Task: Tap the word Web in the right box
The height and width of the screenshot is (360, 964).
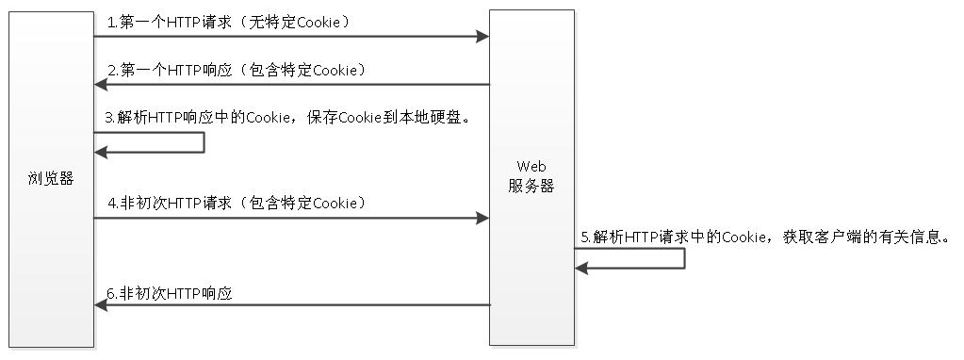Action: click(x=531, y=167)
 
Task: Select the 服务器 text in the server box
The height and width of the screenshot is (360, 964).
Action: click(x=531, y=187)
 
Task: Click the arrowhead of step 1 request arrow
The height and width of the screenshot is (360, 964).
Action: click(x=482, y=37)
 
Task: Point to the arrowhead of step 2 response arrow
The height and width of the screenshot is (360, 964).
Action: click(x=101, y=85)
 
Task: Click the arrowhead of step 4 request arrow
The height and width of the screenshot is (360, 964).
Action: click(x=482, y=218)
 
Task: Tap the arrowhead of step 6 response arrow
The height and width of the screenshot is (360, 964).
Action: click(x=101, y=305)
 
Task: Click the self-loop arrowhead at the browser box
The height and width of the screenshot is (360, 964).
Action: click(x=101, y=153)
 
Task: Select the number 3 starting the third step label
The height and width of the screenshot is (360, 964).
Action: click(x=109, y=118)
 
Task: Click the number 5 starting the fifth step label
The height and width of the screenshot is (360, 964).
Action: click(x=584, y=237)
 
